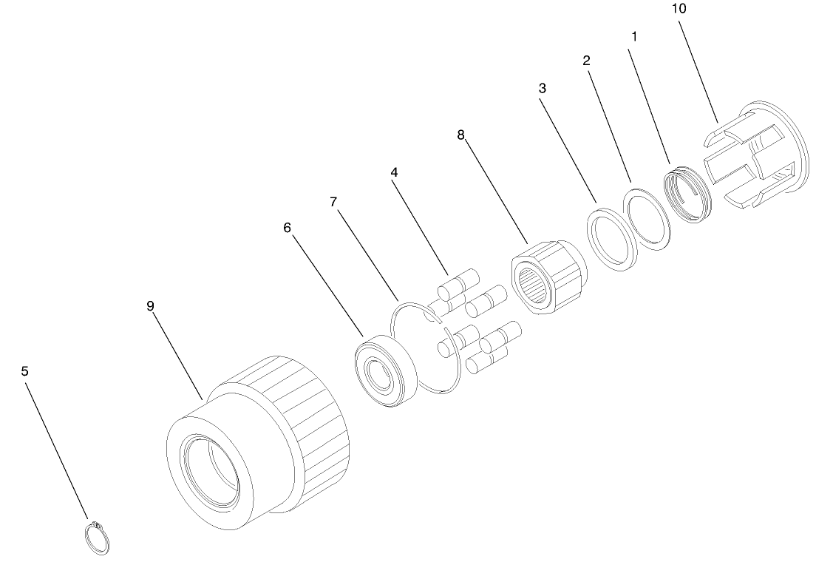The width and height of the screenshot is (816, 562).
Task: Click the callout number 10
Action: (x=679, y=9)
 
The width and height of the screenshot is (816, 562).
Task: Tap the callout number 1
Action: (x=634, y=36)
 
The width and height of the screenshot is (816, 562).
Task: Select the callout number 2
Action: (x=587, y=61)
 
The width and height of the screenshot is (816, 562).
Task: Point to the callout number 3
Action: (x=543, y=89)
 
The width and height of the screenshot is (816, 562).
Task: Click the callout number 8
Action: (x=460, y=135)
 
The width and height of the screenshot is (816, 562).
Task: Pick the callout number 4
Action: (x=395, y=172)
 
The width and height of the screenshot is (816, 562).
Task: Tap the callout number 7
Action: (x=333, y=202)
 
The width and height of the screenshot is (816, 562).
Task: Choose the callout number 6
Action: (x=288, y=228)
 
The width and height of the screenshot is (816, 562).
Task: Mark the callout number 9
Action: (x=150, y=305)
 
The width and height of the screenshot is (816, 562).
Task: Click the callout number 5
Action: (x=25, y=371)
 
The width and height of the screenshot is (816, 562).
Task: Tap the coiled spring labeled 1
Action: (x=687, y=194)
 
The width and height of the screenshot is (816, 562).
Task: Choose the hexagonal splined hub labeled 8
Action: (x=549, y=277)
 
